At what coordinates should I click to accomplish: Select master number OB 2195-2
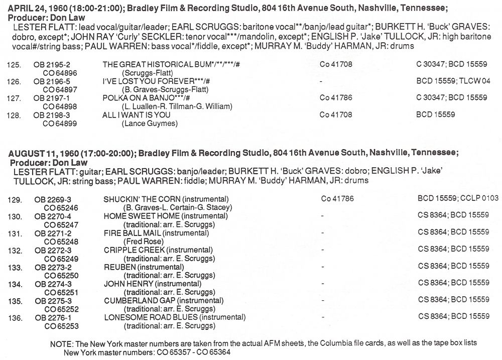(49, 65)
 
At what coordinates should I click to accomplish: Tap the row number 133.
(15, 268)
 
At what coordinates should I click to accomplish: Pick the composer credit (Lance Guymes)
(150, 123)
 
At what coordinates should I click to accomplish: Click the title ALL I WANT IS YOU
(137, 115)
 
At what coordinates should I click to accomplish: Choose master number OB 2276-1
(53, 318)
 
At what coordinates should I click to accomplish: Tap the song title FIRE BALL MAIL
(133, 233)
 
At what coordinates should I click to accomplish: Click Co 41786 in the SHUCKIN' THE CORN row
(337, 199)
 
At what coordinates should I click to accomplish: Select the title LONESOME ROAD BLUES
(151, 318)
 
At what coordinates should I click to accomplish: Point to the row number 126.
(15, 82)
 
